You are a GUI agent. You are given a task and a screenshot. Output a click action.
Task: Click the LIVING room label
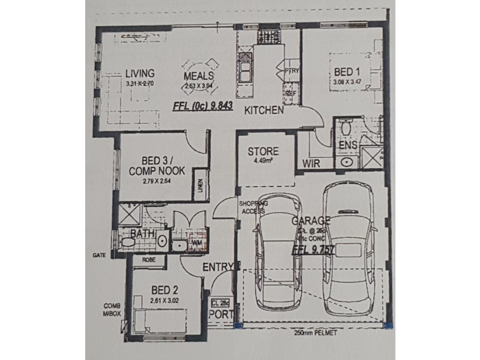pyautogui.click(x=139, y=74)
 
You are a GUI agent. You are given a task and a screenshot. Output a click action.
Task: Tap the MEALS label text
pyautogui.click(x=199, y=76)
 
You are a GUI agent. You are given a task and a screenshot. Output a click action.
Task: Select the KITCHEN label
pyautogui.click(x=263, y=110)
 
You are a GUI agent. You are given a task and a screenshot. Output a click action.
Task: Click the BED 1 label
pyautogui.click(x=347, y=71)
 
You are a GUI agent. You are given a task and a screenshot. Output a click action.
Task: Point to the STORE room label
pyautogui.click(x=264, y=151)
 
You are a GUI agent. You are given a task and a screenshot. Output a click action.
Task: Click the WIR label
pyautogui.click(x=310, y=163)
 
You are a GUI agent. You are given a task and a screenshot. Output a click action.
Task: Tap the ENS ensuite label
pyautogui.click(x=348, y=146)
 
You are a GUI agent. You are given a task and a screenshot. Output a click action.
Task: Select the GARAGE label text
pyautogui.click(x=312, y=220)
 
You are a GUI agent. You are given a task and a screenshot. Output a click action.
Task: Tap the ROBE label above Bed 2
pyautogui.click(x=149, y=261)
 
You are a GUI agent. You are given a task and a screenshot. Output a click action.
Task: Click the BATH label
pyautogui.click(x=141, y=233)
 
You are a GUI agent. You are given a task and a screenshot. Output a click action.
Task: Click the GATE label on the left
pyautogui.click(x=100, y=254)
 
